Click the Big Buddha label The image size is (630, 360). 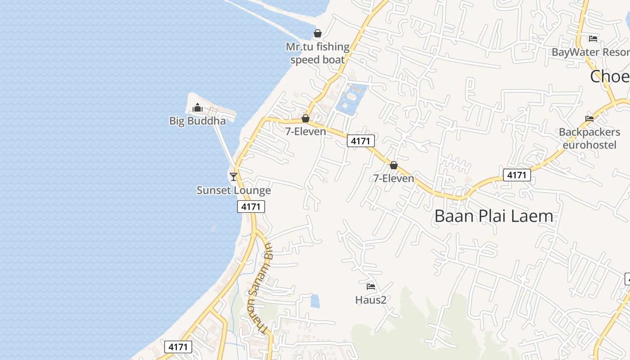pyautogui.click(x=198, y=121)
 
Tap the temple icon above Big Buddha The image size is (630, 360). pyautogui.click(x=198, y=108)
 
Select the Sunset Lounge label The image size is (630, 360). pyautogui.click(x=234, y=190)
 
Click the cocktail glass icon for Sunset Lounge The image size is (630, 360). pyautogui.click(x=234, y=176)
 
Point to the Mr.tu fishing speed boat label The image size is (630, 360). pyautogui.click(x=318, y=53)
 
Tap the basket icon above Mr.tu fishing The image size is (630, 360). pyautogui.click(x=318, y=33)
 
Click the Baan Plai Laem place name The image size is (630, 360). pyautogui.click(x=494, y=216)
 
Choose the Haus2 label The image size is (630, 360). pyautogui.click(x=371, y=300)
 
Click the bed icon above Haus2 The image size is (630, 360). pyautogui.click(x=371, y=286)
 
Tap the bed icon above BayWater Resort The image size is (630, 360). pyautogui.click(x=593, y=39)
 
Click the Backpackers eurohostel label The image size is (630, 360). pyautogui.click(x=589, y=139)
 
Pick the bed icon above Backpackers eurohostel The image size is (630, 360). pyautogui.click(x=589, y=119)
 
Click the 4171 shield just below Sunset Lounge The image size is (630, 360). pyautogui.click(x=251, y=207)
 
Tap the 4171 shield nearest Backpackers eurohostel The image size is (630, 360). pyautogui.click(x=517, y=175)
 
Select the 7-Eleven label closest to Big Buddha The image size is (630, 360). pyautogui.click(x=306, y=131)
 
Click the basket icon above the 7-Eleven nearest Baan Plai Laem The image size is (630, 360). pyautogui.click(x=394, y=166)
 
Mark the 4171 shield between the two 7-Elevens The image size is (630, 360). pyautogui.click(x=361, y=141)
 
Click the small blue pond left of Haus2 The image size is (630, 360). pyautogui.click(x=315, y=301)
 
